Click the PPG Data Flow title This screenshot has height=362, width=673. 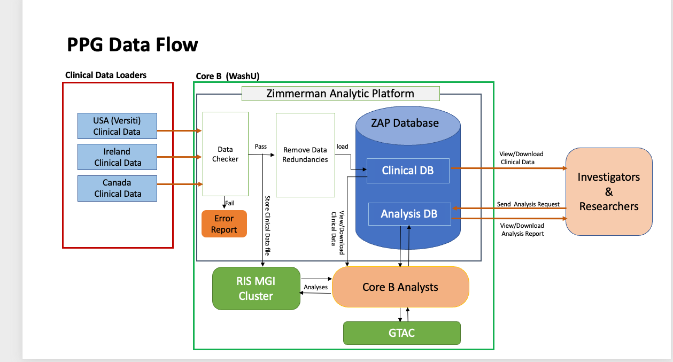(132, 44)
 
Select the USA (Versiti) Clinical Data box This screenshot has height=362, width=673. (117, 126)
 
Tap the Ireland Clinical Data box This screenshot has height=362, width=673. (117, 157)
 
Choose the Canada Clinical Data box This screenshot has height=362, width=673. (117, 188)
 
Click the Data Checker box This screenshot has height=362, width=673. (225, 154)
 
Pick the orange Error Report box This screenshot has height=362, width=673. (223, 224)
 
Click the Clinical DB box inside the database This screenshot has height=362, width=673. (407, 171)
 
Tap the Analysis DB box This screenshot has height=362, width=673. (408, 214)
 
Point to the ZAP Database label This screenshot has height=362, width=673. (405, 123)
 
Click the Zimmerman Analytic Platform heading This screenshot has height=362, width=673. (340, 94)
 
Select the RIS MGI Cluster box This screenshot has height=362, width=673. (256, 289)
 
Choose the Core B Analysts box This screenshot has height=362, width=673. (400, 287)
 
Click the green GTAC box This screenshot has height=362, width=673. (401, 333)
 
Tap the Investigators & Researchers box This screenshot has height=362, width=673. (608, 192)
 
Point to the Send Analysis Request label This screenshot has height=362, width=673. (528, 204)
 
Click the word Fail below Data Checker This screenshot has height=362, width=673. (230, 203)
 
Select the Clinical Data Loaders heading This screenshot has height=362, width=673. (106, 75)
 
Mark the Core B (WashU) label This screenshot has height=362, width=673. (228, 76)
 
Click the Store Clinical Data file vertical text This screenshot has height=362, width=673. (267, 225)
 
